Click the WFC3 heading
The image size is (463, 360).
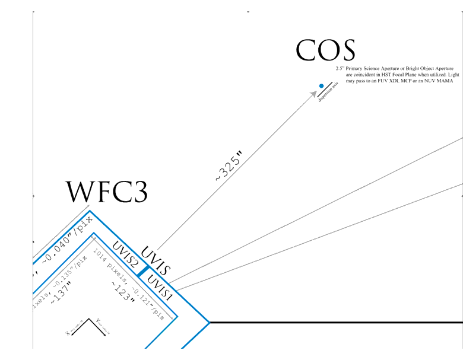pyautogui.click(x=106, y=192)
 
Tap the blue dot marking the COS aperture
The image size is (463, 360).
pyautogui.click(x=321, y=87)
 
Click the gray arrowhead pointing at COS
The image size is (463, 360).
pyautogui.click(x=315, y=93)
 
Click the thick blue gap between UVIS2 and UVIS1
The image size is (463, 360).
pyautogui.click(x=142, y=272)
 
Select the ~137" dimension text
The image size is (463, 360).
pyautogui.click(x=61, y=291)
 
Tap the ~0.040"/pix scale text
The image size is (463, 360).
pyautogui.click(x=67, y=237)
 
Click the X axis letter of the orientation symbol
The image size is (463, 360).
pyautogui.click(x=68, y=333)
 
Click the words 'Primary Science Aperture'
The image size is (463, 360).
pyautogui.click(x=371, y=69)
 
